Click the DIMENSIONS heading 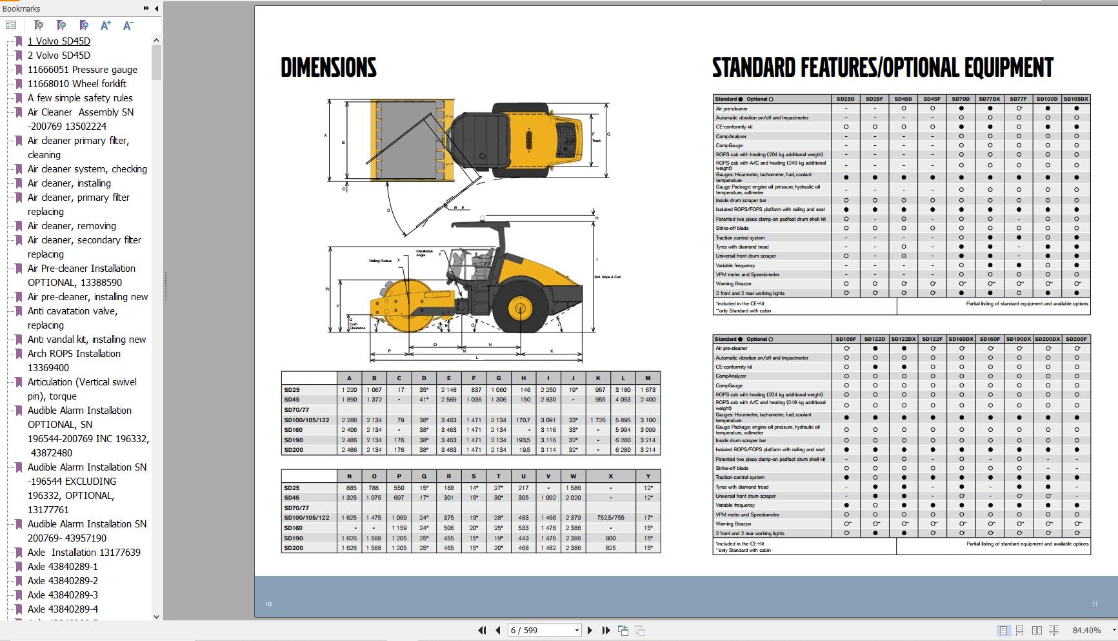click(328, 68)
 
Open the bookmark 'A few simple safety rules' click(80, 98)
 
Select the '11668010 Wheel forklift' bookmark click(77, 84)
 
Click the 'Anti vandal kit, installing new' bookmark click(86, 340)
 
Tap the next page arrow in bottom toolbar click(590, 630)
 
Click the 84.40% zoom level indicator click(1086, 630)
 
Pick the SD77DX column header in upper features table click(989, 99)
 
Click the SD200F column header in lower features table click(1076, 339)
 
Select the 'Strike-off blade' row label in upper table click(732, 228)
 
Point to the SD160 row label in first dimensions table click(294, 430)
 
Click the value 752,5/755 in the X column click(610, 518)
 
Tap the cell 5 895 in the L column click(623, 420)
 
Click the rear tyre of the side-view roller click(520, 308)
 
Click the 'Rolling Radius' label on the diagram click(380, 261)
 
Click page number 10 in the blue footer click(268, 604)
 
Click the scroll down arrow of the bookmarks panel click(156, 616)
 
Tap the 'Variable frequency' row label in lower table click(735, 505)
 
